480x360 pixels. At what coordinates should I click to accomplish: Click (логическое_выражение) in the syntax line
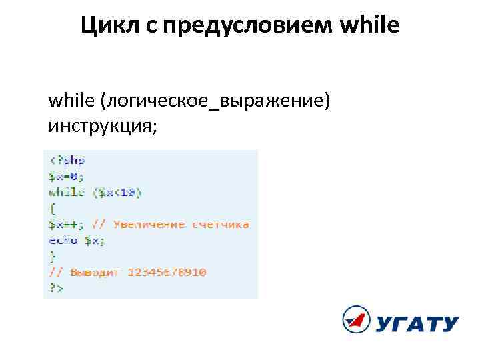click(215, 101)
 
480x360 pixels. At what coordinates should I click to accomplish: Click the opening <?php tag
click(67, 161)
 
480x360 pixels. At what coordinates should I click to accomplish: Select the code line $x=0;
click(67, 177)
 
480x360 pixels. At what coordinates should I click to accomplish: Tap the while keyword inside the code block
click(67, 193)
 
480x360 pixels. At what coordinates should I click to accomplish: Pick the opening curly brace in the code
click(52, 209)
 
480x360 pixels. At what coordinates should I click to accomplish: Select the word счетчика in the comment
click(221, 225)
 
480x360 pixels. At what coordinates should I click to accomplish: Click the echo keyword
click(63, 241)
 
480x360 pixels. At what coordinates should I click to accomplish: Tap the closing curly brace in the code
click(52, 257)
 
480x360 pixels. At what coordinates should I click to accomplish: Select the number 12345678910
click(167, 273)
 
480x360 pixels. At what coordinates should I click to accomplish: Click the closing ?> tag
click(55, 289)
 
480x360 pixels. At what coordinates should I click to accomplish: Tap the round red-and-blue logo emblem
click(356, 320)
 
